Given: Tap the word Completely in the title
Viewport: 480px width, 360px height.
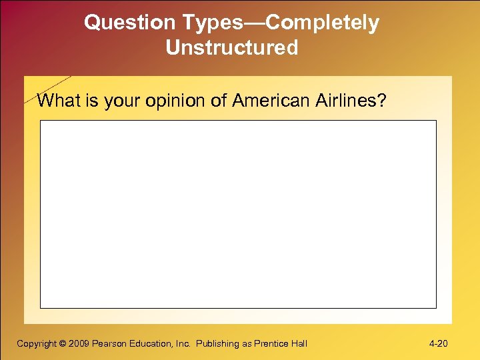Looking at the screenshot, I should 323,23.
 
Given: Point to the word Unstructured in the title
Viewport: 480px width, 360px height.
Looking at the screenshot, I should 232,49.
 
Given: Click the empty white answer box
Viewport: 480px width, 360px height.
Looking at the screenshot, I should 238,213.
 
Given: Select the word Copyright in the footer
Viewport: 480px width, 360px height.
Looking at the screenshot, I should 37,344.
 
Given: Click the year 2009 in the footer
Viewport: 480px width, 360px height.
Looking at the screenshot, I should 79,344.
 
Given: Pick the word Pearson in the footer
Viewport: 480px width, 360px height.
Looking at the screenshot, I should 109,344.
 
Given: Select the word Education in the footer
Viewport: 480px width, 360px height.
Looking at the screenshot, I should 150,344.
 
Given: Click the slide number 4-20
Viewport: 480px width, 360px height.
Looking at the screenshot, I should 438,344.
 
